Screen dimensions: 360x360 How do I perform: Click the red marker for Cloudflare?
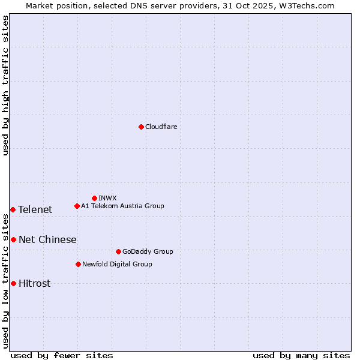141,127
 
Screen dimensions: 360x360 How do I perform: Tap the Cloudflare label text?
161,127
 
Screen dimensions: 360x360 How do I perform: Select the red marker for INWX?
94,198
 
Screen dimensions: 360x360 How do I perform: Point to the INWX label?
107,198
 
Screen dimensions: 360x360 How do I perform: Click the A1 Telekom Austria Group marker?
77,206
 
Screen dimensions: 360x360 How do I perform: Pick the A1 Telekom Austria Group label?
122,206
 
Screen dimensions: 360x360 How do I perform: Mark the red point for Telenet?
13,209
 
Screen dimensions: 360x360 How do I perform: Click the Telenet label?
35,209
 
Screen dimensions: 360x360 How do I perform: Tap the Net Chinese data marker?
13,239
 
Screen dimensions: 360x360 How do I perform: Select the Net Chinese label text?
47,239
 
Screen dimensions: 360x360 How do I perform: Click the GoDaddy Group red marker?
118,251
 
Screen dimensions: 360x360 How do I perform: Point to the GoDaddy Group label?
148,251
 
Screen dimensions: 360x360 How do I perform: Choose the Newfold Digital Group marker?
78,264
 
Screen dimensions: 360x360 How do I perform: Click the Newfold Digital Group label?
117,264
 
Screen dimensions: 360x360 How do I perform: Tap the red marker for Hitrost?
13,283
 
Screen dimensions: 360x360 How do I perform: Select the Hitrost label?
34,283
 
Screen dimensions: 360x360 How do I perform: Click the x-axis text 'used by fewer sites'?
62,355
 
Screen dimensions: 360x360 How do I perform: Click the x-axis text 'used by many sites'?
301,355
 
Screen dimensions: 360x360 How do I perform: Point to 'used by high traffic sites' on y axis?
5,85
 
